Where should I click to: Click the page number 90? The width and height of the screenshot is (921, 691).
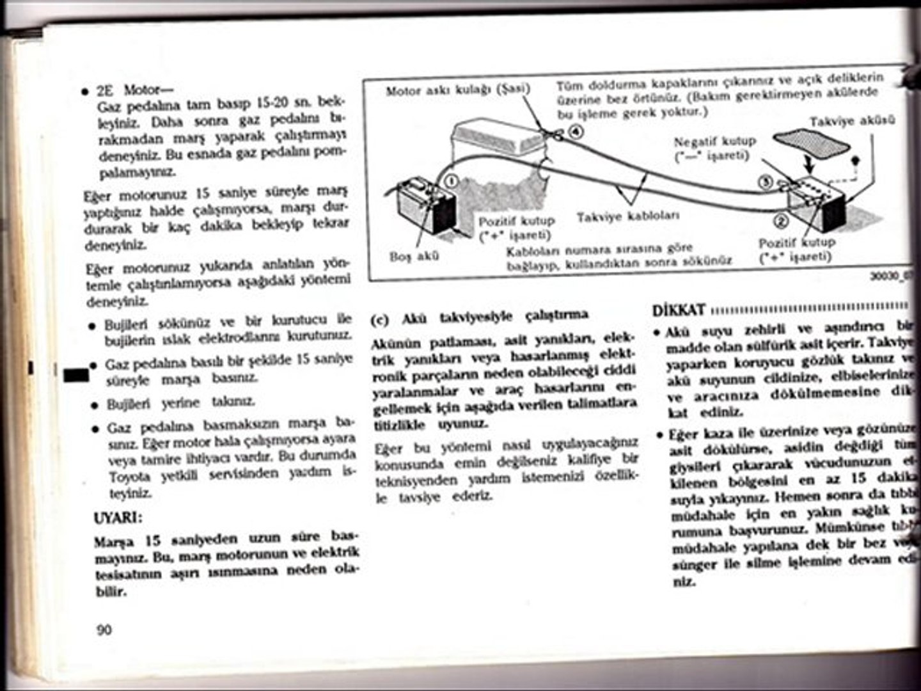(104, 630)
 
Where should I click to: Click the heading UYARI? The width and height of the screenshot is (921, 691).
(118, 517)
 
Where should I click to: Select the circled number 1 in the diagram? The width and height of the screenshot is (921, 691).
(450, 181)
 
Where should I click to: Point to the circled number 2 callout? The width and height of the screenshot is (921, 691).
(781, 221)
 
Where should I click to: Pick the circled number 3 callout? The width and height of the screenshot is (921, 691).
(766, 182)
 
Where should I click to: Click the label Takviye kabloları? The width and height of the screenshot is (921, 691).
(628, 216)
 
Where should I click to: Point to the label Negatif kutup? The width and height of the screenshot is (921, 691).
(714, 141)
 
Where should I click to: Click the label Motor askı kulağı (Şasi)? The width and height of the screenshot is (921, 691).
(458, 90)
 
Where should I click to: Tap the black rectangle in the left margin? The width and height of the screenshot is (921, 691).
(76, 375)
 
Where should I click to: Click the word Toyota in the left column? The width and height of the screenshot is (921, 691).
(129, 477)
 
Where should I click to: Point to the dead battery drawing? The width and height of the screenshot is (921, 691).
(425, 209)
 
